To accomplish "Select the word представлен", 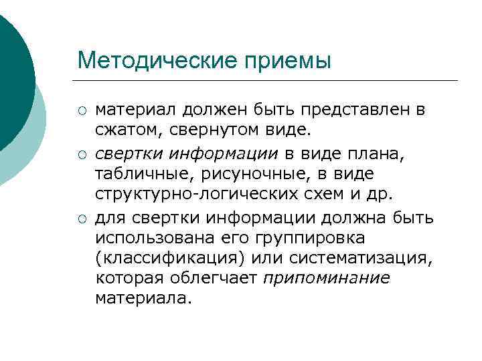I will tap(355, 109).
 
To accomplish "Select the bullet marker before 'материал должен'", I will tap(82, 110).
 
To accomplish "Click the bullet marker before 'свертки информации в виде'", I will tap(82, 154).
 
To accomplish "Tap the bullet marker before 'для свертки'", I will tap(82, 219).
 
